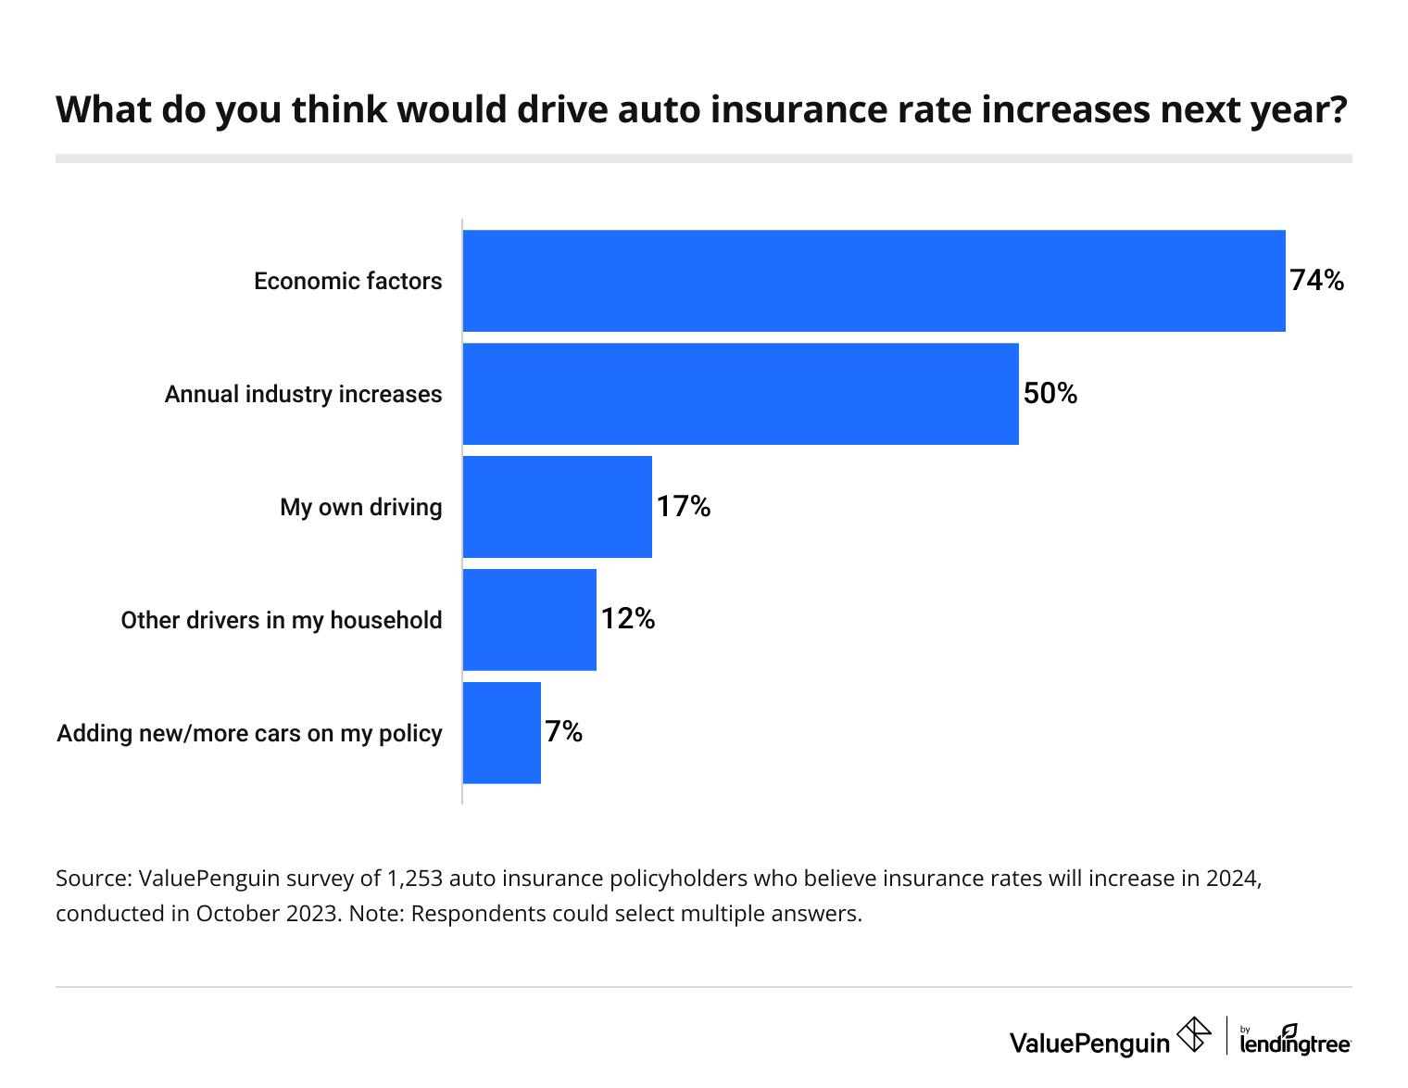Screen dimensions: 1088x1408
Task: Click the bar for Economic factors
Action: [x=874, y=281]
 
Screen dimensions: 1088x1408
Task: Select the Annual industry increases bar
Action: [x=740, y=394]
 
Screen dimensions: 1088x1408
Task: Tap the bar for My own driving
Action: [x=557, y=507]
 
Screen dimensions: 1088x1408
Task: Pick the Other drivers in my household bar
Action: [x=529, y=620]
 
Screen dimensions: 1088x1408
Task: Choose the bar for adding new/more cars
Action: [x=501, y=733]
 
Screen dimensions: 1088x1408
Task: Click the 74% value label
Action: [x=1316, y=281]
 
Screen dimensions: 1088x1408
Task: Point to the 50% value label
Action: [x=1050, y=394]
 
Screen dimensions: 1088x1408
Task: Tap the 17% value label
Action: [x=684, y=507]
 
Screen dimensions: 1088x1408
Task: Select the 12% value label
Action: [x=628, y=619]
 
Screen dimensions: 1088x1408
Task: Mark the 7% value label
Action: [x=564, y=732]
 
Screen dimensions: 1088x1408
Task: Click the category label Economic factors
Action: [x=347, y=281]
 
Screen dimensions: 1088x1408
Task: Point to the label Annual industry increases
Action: [x=303, y=394]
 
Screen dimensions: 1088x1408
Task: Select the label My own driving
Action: [x=360, y=507]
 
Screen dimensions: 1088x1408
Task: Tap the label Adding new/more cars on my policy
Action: [x=249, y=733]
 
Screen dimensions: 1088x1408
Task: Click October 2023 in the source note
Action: [x=265, y=914]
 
